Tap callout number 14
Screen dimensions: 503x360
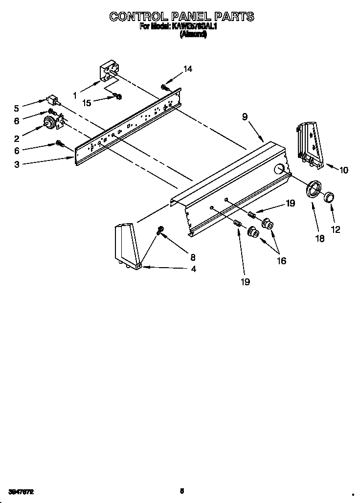click(187, 69)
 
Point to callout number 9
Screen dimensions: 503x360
click(245, 117)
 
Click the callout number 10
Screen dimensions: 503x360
click(344, 170)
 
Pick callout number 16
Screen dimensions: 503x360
click(281, 261)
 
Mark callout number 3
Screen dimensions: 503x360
click(17, 165)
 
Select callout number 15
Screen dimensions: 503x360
click(87, 103)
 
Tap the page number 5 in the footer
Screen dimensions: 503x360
click(181, 491)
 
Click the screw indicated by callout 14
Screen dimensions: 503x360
click(164, 87)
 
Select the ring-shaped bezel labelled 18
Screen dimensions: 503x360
click(313, 189)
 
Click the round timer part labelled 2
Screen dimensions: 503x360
click(50, 123)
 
